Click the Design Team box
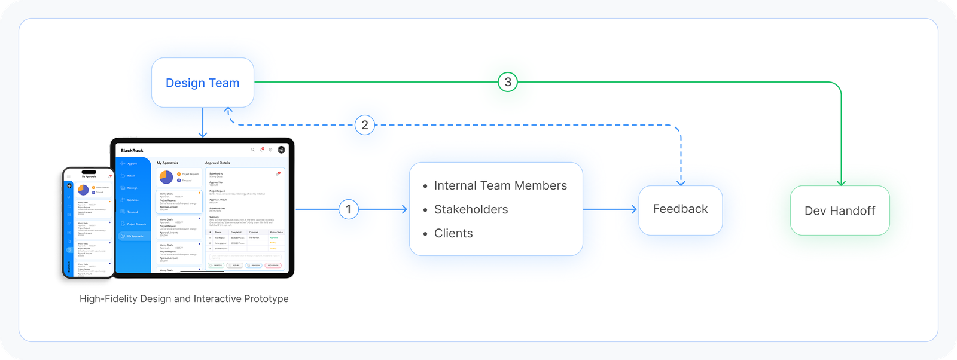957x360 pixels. [x=203, y=83]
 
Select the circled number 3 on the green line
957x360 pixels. [x=508, y=82]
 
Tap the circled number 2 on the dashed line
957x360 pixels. [x=365, y=125]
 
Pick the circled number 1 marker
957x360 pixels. [x=349, y=209]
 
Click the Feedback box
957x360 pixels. [x=680, y=209]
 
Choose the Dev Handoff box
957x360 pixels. [x=839, y=210]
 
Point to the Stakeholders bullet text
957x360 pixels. [x=471, y=209]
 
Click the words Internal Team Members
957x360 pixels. [x=500, y=185]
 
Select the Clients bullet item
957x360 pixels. [x=453, y=233]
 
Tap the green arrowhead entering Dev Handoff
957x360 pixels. [x=841, y=182]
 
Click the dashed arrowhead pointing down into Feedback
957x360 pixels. [x=681, y=182]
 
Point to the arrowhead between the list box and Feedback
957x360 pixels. [x=633, y=209]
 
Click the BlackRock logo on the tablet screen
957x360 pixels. [x=132, y=151]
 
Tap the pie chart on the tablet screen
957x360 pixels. [x=166, y=177]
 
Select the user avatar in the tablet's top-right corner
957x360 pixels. [x=281, y=150]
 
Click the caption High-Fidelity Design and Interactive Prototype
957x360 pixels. [x=184, y=298]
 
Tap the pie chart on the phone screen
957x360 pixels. [x=83, y=190]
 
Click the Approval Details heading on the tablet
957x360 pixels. [x=218, y=163]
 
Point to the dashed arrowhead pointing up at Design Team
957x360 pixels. [x=228, y=111]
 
